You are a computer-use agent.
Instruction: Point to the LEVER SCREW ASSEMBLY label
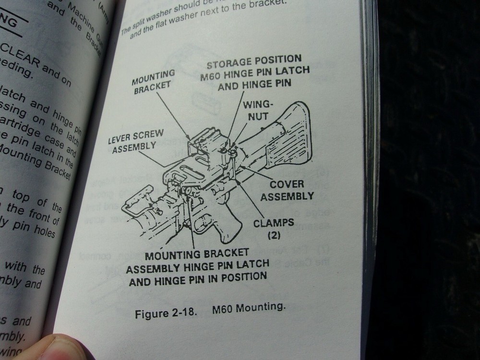(x=135, y=141)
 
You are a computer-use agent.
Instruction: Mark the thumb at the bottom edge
(x=53, y=348)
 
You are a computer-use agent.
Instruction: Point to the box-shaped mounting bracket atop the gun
(x=206, y=144)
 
